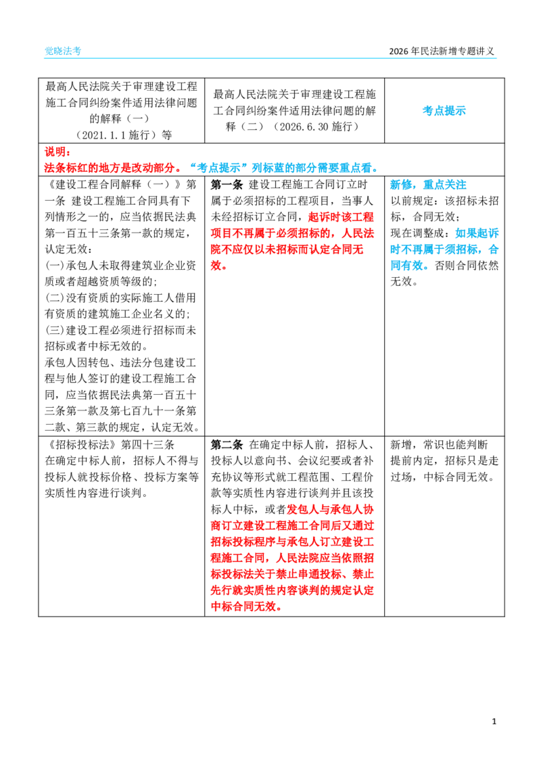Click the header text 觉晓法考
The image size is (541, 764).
(x=63, y=51)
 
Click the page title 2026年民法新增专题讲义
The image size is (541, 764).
(x=442, y=51)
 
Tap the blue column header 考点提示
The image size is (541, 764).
(x=444, y=111)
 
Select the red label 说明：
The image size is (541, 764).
(x=57, y=152)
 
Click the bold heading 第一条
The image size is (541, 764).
(x=227, y=185)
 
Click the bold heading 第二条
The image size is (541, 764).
(x=227, y=445)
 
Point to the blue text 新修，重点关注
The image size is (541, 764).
(x=429, y=185)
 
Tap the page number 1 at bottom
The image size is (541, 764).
(x=494, y=721)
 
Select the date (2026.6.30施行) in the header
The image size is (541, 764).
(x=316, y=126)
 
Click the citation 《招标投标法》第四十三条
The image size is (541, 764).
(x=110, y=445)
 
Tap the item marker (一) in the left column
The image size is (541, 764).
(x=55, y=266)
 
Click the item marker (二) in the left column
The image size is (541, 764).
(x=55, y=297)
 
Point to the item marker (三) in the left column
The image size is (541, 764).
(x=55, y=331)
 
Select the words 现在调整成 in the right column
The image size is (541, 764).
(x=417, y=233)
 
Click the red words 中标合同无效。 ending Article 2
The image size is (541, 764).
(x=246, y=606)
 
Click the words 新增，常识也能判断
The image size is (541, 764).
(x=439, y=445)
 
